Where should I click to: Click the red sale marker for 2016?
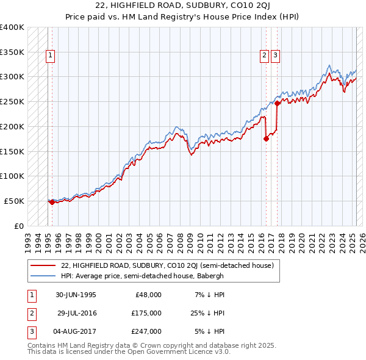266,139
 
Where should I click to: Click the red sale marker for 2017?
277,103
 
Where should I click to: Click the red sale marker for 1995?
52,202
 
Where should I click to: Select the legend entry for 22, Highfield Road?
168,265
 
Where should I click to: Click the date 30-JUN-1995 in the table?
76,295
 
